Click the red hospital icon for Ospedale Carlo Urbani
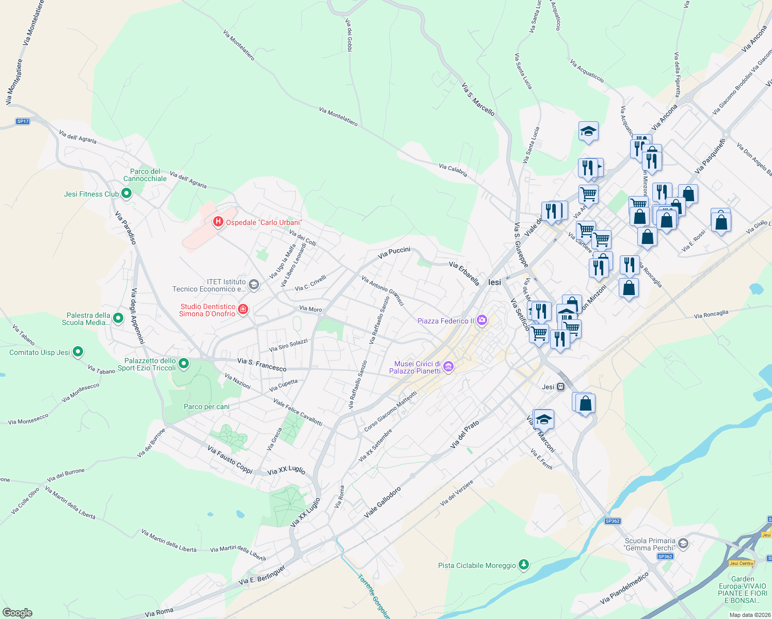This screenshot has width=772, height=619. click(x=218, y=222)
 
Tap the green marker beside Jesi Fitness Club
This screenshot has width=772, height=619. click(x=126, y=194)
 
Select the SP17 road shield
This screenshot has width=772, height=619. click(x=23, y=121)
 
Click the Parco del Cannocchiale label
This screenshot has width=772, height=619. click(x=145, y=175)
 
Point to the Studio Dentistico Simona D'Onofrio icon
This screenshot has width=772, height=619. click(x=243, y=309)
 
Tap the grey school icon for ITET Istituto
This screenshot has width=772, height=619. click(x=253, y=285)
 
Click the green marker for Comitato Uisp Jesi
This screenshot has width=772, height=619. click(x=78, y=352)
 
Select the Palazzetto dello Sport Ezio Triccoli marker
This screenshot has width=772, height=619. click(x=184, y=364)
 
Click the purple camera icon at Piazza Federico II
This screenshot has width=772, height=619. click(x=482, y=321)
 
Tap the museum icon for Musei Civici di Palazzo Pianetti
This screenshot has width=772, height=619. click(x=448, y=367)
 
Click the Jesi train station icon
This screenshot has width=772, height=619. click(x=561, y=387)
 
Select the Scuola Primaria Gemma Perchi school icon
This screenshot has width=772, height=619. click(x=683, y=544)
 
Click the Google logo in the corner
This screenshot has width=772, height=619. click(x=17, y=613)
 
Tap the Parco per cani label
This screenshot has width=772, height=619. click(x=206, y=406)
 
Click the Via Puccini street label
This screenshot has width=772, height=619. click(x=394, y=252)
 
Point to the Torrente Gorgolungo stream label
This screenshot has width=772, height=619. click(x=373, y=596)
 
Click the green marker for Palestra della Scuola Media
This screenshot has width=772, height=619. click(x=118, y=318)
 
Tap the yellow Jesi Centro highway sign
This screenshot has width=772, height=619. click(x=741, y=563)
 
